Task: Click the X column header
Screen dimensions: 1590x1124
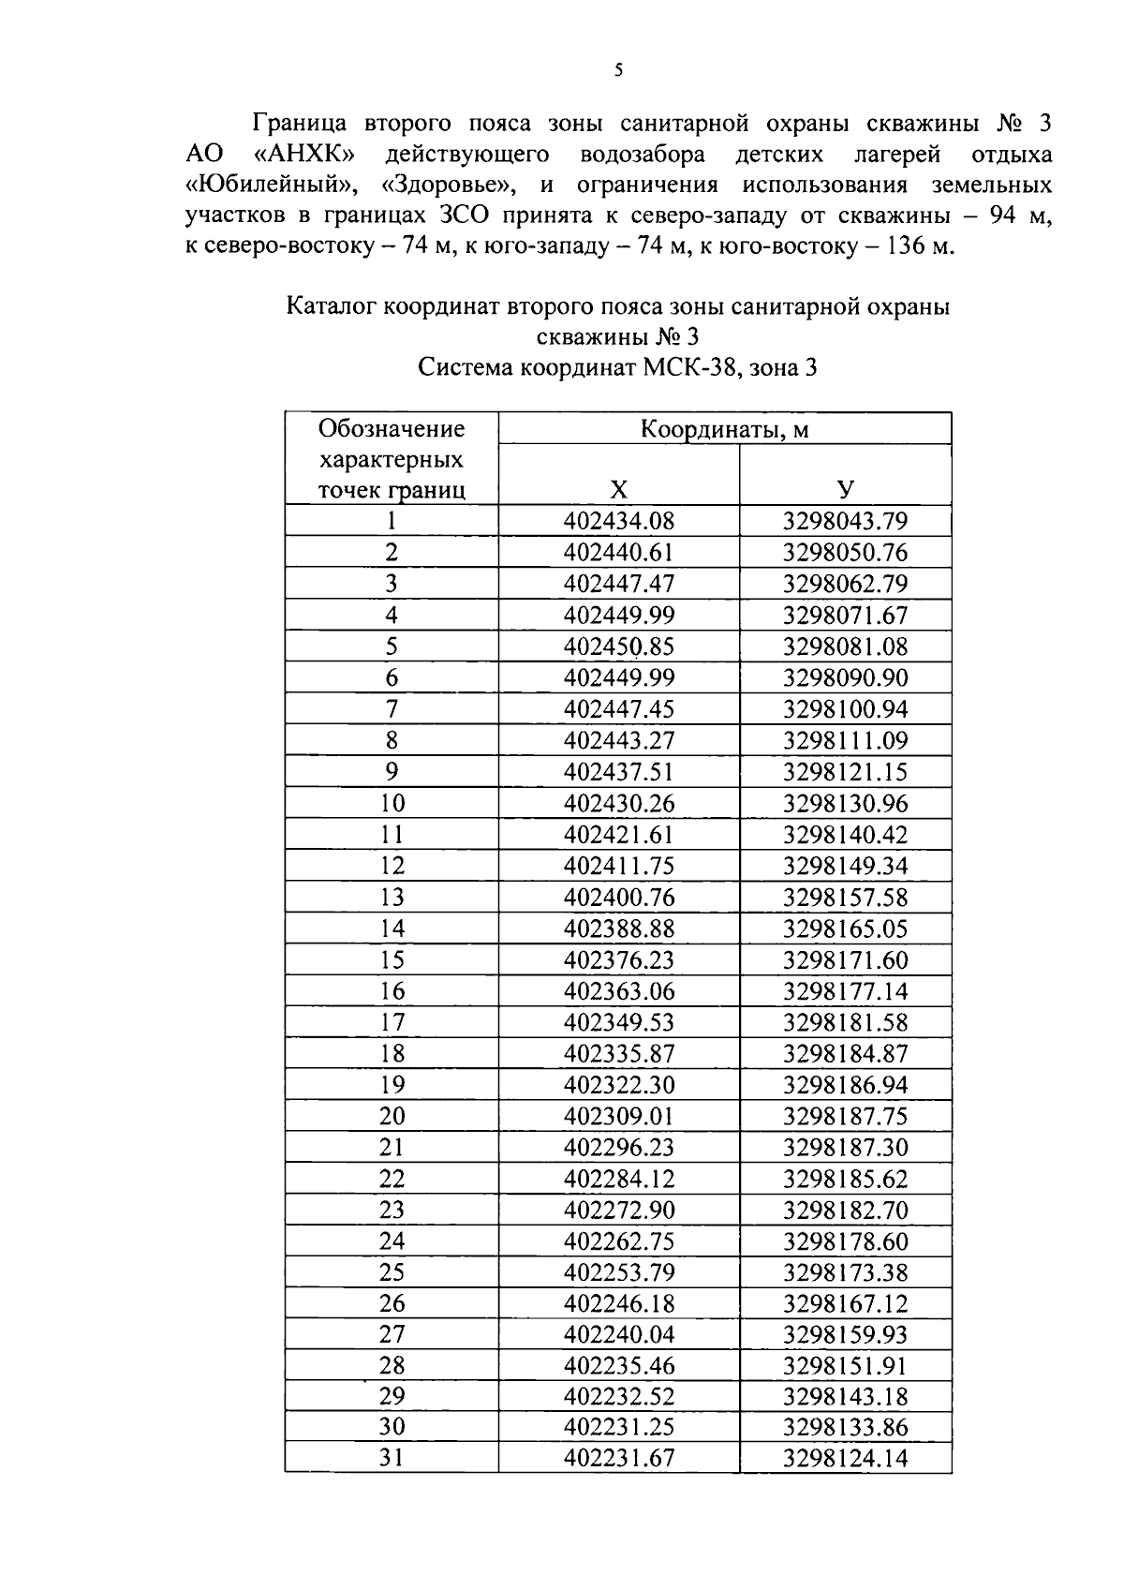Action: click(x=619, y=489)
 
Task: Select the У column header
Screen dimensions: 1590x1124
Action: click(x=845, y=489)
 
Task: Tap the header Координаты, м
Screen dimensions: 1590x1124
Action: click(x=724, y=429)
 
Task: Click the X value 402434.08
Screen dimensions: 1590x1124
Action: click(x=619, y=521)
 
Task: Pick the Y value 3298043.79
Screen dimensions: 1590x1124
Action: click(x=845, y=521)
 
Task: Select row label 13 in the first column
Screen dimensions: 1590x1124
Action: click(x=392, y=897)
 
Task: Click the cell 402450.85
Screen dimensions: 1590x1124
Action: click(x=619, y=646)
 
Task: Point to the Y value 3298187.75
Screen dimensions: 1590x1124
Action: click(x=845, y=1116)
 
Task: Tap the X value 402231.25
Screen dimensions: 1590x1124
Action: click(x=619, y=1427)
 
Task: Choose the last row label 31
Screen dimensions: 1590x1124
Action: click(x=392, y=1458)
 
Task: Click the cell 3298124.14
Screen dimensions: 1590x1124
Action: click(x=845, y=1458)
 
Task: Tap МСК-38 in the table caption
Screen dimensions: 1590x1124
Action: click(x=690, y=367)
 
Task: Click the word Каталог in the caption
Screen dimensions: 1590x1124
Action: click(x=331, y=305)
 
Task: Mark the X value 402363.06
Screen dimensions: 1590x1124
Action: click(x=619, y=990)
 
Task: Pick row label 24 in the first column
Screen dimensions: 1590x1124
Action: click(x=392, y=1241)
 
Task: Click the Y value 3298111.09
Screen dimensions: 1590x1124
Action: click(x=845, y=740)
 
